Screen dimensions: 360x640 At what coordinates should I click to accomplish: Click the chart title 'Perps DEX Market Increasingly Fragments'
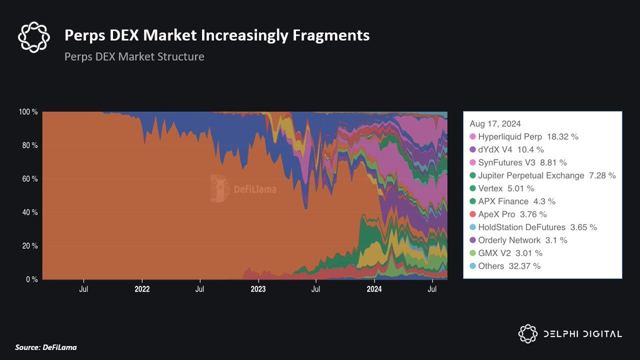point(217,36)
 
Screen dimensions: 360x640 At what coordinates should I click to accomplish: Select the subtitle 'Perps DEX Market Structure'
point(134,56)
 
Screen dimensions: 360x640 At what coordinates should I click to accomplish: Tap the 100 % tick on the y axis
point(28,112)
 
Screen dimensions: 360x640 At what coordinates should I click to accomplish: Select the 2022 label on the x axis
point(142,290)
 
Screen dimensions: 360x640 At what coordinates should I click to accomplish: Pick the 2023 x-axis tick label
point(258,290)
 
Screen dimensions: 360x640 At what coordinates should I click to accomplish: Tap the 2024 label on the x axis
point(374,290)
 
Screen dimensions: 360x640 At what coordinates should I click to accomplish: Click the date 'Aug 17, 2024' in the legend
point(495,123)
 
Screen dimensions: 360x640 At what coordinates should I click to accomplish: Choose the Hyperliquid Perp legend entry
point(528,137)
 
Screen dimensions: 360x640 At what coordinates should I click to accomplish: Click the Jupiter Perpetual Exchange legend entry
point(542,175)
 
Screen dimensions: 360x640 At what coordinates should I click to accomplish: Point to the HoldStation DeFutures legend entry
point(533,227)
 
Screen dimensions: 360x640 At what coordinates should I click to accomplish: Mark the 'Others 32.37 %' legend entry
point(505,266)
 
